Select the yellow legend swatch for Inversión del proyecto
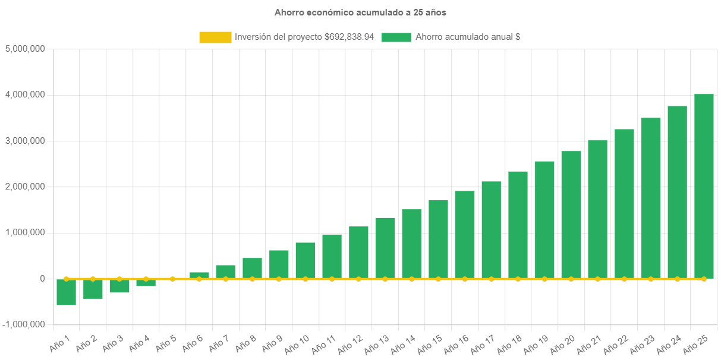(x=215, y=37)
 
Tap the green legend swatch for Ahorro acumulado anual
(x=396, y=37)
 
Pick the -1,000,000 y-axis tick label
(x=23, y=324)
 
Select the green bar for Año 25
(x=704, y=186)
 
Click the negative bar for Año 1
(x=66, y=292)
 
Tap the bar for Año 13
(x=385, y=248)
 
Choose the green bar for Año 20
(x=571, y=214)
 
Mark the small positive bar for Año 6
(x=199, y=275)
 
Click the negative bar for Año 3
(x=119, y=286)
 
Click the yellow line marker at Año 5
(x=172, y=279)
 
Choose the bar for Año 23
(x=651, y=198)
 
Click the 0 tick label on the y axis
(x=42, y=279)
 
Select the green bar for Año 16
(x=465, y=235)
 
